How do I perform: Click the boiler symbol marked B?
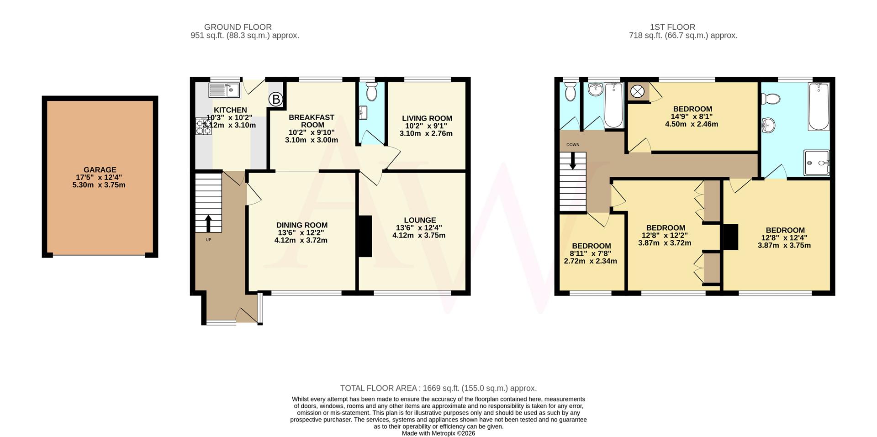point(275,99)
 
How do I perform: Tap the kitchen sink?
point(224,90)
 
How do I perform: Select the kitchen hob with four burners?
point(204,126)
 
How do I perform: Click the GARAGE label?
point(100,169)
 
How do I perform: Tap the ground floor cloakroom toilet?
point(371,91)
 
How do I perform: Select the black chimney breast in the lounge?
point(365,236)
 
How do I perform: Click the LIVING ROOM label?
point(427,118)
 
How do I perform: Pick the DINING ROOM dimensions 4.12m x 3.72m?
point(301,240)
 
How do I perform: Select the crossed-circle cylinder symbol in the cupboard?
point(637,92)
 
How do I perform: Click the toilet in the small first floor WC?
point(570,92)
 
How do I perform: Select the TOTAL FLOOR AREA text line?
point(438,388)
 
